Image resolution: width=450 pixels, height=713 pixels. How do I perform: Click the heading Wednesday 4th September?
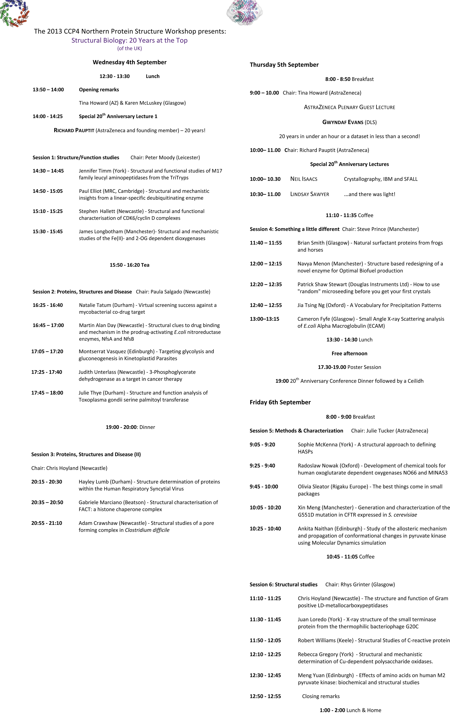[x=129, y=62]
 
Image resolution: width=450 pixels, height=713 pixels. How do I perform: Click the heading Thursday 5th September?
[x=284, y=65]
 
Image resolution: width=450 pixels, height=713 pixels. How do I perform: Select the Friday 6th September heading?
[x=280, y=402]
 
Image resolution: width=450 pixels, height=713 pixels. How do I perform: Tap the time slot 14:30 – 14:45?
[x=48, y=171]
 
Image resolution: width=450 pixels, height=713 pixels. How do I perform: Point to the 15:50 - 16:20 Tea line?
[x=129, y=265]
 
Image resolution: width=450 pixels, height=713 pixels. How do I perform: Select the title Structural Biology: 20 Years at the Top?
[x=129, y=40]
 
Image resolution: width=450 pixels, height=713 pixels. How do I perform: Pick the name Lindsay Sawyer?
[x=310, y=194]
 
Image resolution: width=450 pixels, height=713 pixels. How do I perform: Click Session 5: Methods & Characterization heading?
[x=296, y=430]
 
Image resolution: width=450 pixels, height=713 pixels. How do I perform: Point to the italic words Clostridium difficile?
[x=147, y=530]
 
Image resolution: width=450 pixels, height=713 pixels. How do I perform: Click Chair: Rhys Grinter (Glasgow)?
[x=360, y=584]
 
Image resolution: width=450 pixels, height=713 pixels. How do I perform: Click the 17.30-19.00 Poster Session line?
[x=349, y=367]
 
